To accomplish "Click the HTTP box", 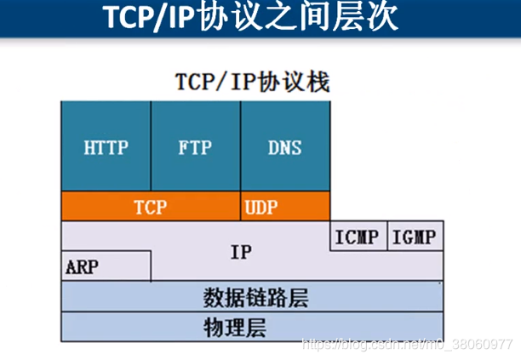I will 106,146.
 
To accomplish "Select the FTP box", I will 195,146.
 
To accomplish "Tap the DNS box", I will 284,146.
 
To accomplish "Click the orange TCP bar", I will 150,206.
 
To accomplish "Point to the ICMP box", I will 358,237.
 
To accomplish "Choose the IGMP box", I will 415,237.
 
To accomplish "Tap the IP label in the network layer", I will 241,252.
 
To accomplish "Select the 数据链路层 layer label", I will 255,297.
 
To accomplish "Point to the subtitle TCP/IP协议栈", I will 251,82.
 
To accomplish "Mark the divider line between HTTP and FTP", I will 151,146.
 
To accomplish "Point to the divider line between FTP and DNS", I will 240,146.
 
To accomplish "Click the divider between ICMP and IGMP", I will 386,237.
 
